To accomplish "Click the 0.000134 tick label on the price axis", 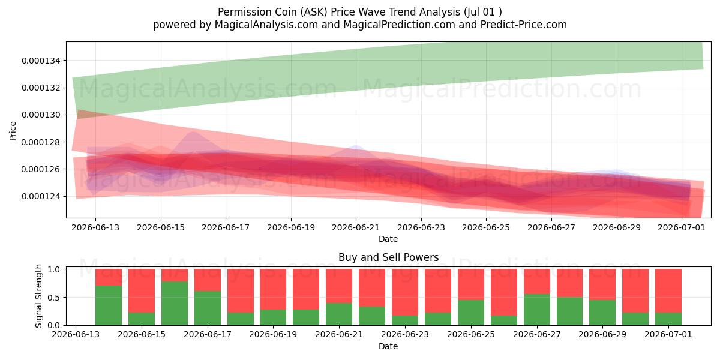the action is (41, 61).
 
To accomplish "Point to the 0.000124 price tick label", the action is (41, 196).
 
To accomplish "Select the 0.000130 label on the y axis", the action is (41, 115).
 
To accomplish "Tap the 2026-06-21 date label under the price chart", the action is (356, 227).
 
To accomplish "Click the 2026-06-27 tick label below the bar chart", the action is (537, 334).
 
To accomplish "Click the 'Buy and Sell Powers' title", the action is (388, 257).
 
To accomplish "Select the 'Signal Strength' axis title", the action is (38, 296).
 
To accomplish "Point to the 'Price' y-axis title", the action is (13, 131).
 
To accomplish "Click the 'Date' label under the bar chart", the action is (388, 347).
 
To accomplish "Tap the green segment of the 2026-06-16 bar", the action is (175, 304).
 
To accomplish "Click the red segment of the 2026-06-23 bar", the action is (405, 292).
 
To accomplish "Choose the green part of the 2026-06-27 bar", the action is (537, 310).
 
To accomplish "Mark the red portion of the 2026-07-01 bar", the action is (668, 290).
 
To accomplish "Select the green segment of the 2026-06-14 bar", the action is (109, 305).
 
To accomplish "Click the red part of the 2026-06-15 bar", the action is (142, 290).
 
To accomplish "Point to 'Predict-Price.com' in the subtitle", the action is (524, 25).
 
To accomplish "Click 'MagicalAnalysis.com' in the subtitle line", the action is (266, 25).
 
